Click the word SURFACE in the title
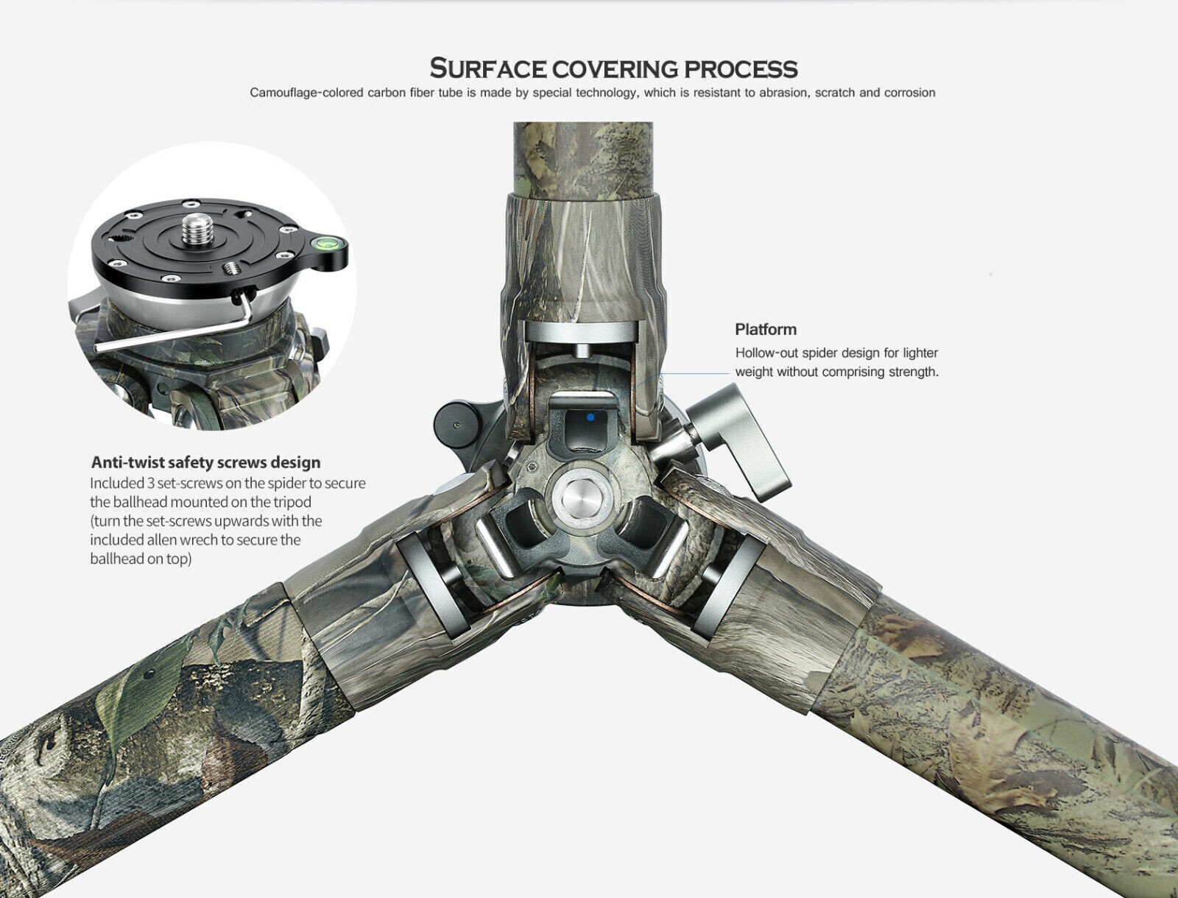tap(487, 68)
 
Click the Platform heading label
tap(766, 329)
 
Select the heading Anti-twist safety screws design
tap(205, 462)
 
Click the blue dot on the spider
tap(590, 417)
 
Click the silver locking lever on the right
tap(738, 438)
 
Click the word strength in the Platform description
tap(912, 372)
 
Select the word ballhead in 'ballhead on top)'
tap(113, 559)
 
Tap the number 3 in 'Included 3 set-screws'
tap(150, 484)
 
